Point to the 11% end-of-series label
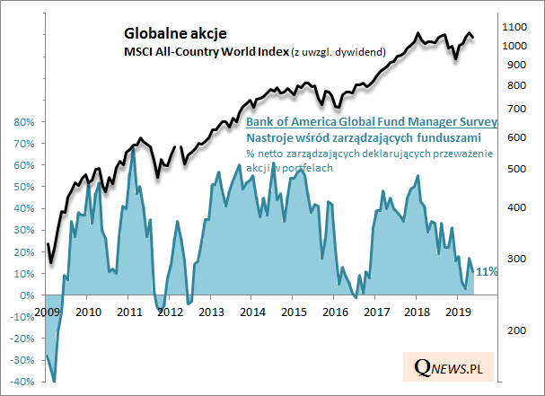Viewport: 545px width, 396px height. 488,271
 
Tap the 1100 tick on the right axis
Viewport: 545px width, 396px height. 517,26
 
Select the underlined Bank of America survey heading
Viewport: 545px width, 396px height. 372,121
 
